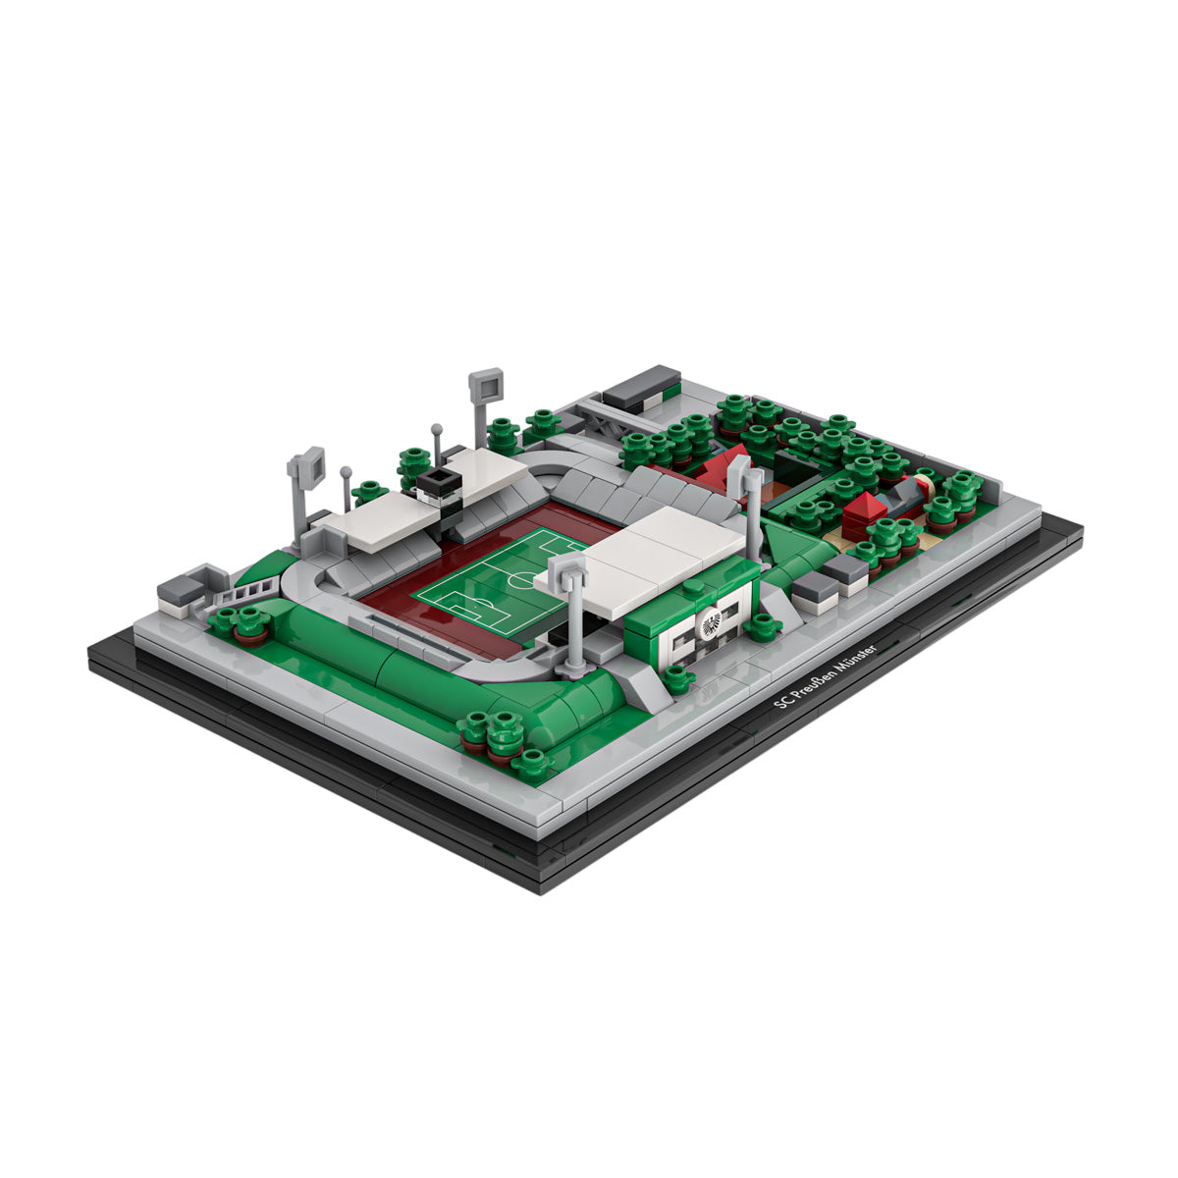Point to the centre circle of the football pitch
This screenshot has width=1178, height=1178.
(x=521, y=578)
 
